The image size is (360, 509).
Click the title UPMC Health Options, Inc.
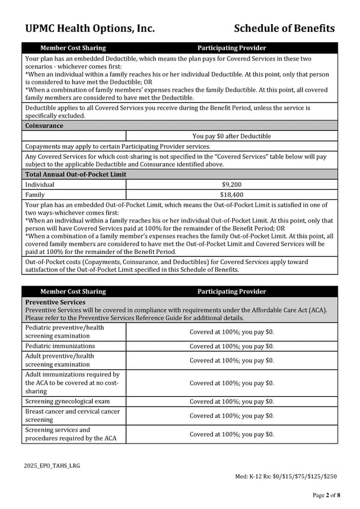click(90, 28)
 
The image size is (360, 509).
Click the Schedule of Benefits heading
click(284, 28)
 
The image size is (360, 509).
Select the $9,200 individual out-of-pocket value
click(232, 185)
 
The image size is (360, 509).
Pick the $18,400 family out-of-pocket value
click(232, 195)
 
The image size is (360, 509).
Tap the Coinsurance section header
click(44, 126)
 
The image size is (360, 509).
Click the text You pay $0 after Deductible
click(232, 136)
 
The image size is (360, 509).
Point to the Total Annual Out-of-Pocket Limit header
click(76, 175)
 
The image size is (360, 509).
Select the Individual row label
click(40, 185)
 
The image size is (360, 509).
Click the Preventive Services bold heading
click(55, 303)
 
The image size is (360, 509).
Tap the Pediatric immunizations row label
click(60, 346)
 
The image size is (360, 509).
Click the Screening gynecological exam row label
click(67, 402)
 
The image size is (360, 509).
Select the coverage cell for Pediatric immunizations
click(232, 346)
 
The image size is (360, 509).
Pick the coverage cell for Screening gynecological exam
click(232, 402)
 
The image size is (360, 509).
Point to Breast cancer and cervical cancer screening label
click(72, 415)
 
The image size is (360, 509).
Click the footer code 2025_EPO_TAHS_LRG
click(52, 466)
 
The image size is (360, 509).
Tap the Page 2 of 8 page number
click(326, 495)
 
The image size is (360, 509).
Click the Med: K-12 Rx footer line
click(286, 477)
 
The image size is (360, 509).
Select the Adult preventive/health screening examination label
click(59, 360)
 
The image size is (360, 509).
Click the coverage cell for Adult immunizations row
click(232, 383)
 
